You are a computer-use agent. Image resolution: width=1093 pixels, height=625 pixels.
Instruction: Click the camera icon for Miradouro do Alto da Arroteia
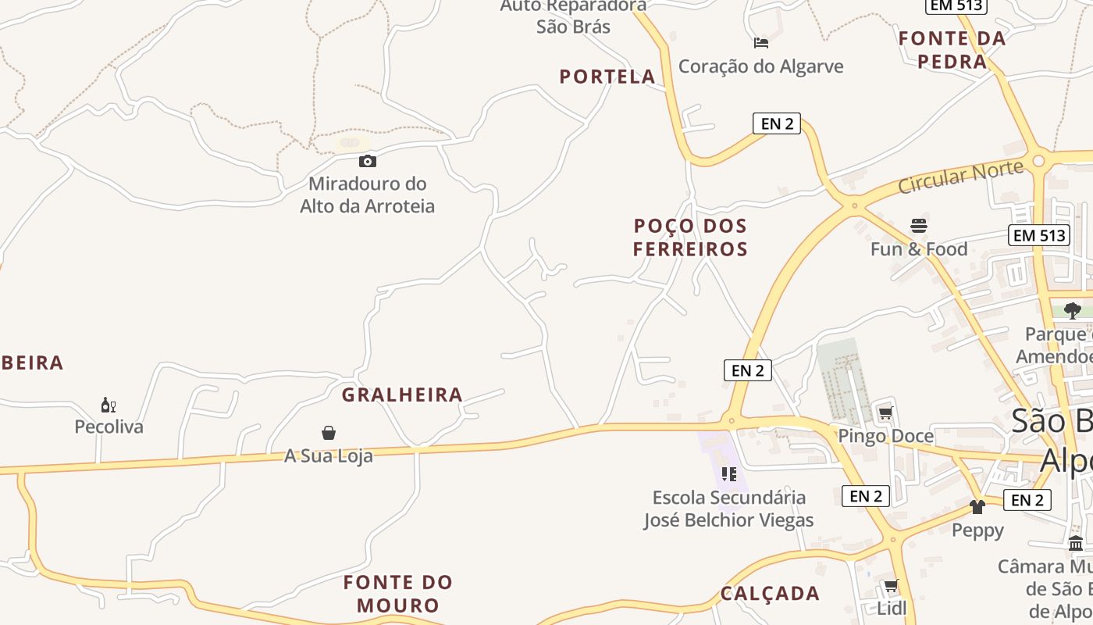point(367,162)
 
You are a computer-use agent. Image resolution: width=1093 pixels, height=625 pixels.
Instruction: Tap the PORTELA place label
point(607,77)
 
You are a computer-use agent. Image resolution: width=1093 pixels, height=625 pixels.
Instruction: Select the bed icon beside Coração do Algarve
point(761,43)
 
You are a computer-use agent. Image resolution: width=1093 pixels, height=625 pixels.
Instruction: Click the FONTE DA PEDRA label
point(952,49)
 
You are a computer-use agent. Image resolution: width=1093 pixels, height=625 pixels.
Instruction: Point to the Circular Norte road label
point(960,177)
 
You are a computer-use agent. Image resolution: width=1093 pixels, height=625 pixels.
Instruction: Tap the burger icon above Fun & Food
point(919,227)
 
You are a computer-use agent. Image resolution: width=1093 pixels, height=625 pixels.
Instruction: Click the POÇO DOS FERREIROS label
point(690,237)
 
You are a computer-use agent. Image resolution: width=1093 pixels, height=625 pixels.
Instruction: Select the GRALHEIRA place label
point(402,395)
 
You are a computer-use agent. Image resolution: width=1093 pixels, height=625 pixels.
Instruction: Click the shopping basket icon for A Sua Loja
point(329,433)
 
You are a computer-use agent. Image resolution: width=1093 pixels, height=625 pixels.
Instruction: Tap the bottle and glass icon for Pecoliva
point(109,405)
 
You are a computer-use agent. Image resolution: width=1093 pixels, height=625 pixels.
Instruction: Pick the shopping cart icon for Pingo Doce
point(885,412)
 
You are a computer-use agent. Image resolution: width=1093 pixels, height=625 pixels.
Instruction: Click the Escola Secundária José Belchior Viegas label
point(728,509)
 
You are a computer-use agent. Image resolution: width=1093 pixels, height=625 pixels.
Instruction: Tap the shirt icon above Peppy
point(977,507)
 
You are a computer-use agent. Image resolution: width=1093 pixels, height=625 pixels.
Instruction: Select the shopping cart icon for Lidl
point(891,585)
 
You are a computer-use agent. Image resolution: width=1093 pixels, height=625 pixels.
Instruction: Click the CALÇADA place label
point(770,594)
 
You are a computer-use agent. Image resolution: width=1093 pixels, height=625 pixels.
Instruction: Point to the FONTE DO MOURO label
point(398,594)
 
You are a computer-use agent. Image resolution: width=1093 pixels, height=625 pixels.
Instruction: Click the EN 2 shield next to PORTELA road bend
point(777,123)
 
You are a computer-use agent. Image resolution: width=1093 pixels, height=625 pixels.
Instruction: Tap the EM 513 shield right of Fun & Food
point(1038,235)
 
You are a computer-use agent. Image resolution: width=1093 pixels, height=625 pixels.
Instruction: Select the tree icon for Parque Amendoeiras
point(1073,310)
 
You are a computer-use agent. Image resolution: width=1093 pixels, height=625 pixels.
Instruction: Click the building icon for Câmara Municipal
point(1076,543)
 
